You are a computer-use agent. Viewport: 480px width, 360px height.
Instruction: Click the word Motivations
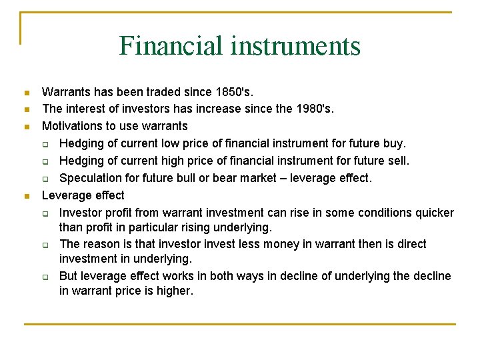click(74, 126)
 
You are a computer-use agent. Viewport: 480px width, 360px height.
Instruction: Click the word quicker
click(431, 213)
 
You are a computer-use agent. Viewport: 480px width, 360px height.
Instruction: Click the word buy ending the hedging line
click(395, 143)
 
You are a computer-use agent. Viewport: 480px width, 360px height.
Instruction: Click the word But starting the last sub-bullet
click(70, 276)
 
